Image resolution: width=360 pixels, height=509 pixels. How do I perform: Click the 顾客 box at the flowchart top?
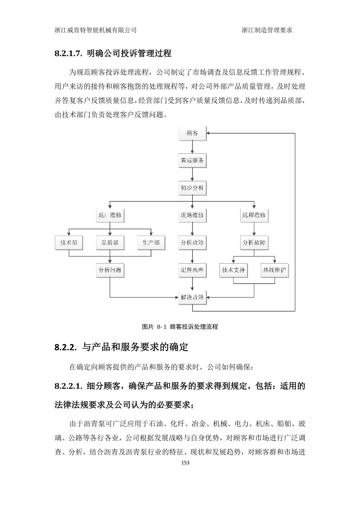coord(192,133)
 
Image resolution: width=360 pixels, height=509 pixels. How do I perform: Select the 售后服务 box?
coord(192,161)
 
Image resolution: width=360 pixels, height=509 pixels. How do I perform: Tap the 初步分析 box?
coord(192,188)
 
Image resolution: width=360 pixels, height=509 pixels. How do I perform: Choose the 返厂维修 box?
coord(110,215)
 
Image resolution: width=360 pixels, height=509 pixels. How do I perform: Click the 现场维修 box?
coord(192,215)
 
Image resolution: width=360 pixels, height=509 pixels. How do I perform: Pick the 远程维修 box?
coord(254,215)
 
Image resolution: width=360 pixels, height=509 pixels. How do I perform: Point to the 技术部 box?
coord(69,243)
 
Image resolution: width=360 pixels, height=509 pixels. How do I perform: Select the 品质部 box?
coord(110,243)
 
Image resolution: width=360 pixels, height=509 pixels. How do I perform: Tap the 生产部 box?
coord(151,243)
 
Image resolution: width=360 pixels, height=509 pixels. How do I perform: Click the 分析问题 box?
coord(110,270)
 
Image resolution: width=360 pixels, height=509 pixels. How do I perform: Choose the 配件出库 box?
coord(192,270)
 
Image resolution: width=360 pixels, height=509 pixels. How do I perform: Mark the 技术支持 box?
coord(233,270)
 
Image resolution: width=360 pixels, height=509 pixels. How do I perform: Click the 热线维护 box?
coord(274,270)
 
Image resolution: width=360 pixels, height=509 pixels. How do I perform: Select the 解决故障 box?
coord(192,297)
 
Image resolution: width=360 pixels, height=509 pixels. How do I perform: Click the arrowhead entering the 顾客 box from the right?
coord(208,133)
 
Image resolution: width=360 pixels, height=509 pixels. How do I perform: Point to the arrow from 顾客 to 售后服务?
coord(192,147)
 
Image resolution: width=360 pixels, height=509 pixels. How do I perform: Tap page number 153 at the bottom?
coord(186,463)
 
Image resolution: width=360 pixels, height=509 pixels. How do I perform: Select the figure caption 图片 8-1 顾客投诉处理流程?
coord(180,327)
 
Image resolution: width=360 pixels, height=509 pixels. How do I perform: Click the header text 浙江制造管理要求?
coord(267,30)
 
